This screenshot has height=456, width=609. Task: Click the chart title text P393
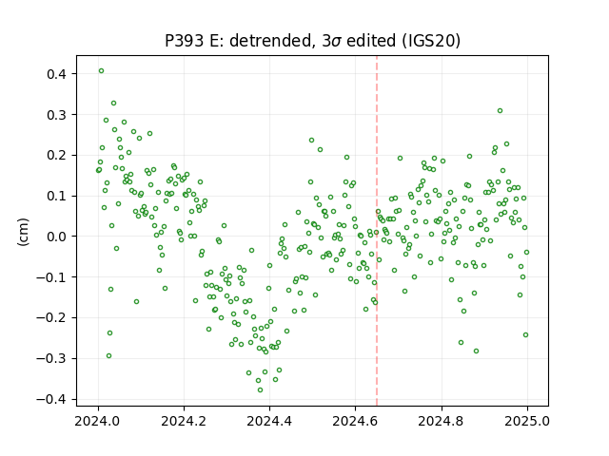point(184,41)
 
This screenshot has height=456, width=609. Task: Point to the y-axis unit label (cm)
point(23,232)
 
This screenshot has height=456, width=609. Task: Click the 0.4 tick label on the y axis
point(57,74)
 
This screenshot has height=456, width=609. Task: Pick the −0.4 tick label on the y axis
point(52,399)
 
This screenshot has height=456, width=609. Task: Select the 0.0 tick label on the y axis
point(57,237)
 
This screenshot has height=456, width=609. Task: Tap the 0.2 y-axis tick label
point(57,156)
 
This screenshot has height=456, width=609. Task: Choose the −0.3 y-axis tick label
point(52,358)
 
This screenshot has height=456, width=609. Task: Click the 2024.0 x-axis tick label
point(98,421)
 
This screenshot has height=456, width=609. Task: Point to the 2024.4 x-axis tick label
point(269,421)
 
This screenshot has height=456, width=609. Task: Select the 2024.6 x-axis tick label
point(355,421)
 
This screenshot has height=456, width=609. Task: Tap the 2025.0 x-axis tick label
point(527,421)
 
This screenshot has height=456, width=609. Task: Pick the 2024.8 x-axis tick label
point(442,421)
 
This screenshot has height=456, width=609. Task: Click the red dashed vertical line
point(377,231)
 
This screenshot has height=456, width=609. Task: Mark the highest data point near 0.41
point(102,71)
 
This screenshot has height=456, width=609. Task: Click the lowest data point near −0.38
point(260,389)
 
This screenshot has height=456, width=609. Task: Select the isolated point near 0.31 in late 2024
point(501,111)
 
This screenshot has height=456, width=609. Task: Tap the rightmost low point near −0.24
point(526,335)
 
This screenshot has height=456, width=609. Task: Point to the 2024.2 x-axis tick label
point(184,421)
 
